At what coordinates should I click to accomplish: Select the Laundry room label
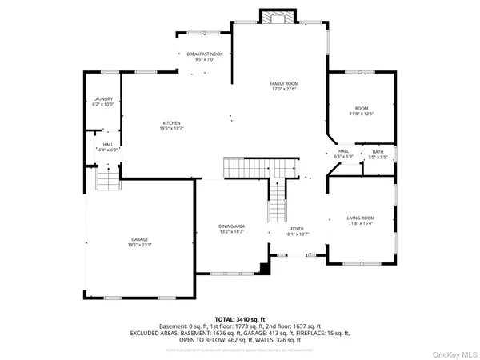tap(103, 98)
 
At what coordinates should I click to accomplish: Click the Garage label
tap(140, 239)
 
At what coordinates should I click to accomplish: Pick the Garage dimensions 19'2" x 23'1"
tap(140, 245)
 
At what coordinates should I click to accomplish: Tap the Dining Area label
tap(232, 226)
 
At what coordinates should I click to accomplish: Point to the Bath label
tap(378, 151)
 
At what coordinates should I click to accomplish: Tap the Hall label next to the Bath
tap(343, 150)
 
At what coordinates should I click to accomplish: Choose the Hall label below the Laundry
tap(107, 144)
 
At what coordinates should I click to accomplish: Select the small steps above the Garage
tap(107, 181)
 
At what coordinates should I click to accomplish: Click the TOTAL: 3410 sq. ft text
tap(240, 319)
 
